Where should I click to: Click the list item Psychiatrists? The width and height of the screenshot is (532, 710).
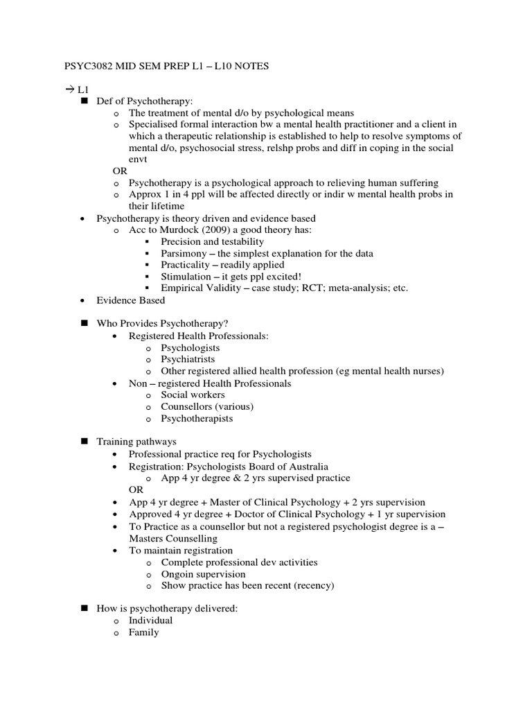click(x=188, y=359)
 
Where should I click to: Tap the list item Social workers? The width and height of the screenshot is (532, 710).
click(x=190, y=395)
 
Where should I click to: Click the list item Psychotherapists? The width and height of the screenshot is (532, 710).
click(x=197, y=418)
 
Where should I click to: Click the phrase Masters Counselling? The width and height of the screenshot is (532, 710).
click(x=173, y=538)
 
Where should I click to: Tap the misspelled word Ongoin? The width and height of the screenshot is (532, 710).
click(x=178, y=574)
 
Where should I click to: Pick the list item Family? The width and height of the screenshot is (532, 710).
click(x=143, y=632)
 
